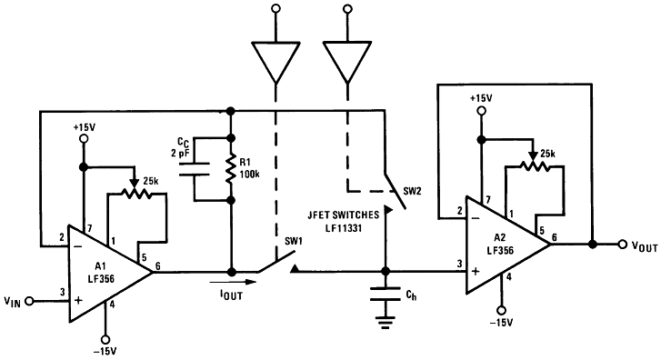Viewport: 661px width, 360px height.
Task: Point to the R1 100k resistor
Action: click(x=232, y=167)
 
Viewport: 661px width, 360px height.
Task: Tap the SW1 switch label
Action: click(x=294, y=241)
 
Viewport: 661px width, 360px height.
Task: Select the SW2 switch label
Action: click(x=413, y=193)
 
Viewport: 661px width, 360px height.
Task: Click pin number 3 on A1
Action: click(x=63, y=291)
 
